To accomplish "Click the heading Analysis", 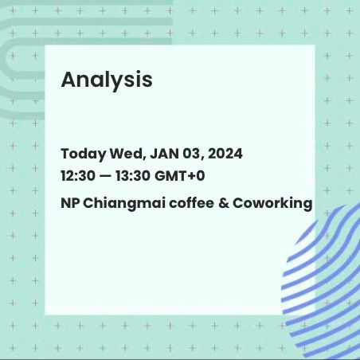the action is [x=107, y=80].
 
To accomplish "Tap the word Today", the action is [x=84, y=155].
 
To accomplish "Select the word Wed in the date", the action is [x=128, y=154].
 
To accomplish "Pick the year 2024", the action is [x=225, y=154].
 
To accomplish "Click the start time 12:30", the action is [x=78, y=176].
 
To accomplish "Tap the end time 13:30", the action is [x=133, y=176].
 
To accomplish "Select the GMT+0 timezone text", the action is [x=179, y=176].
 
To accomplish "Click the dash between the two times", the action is [x=105, y=176].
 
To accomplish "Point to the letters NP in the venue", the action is [x=70, y=203].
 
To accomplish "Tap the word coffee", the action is [x=191, y=203].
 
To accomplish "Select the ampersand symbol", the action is [x=223, y=203].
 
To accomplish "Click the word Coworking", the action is [x=272, y=204].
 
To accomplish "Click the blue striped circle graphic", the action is [x=321, y=281].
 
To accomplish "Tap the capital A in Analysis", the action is [x=69, y=80].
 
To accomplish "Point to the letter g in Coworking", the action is [x=307, y=205].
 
